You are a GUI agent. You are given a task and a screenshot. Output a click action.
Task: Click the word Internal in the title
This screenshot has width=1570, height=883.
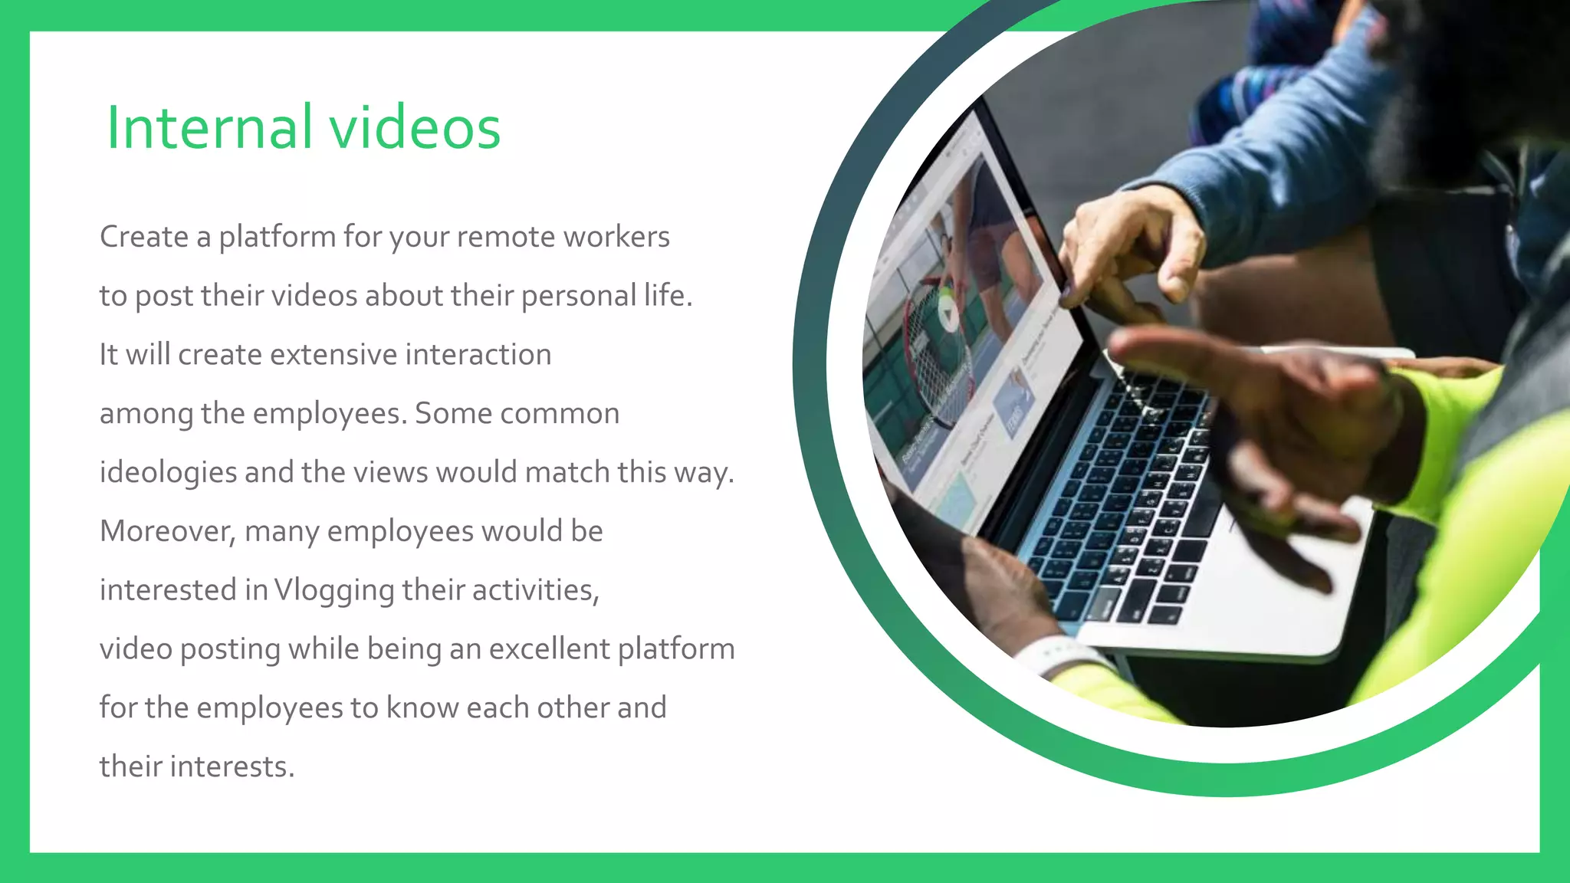209,127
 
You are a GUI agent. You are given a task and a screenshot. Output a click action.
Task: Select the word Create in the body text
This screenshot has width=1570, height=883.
143,237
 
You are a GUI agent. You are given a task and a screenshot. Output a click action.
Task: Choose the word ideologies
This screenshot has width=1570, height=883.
168,473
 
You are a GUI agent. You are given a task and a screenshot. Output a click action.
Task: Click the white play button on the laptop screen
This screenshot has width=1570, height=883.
948,312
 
